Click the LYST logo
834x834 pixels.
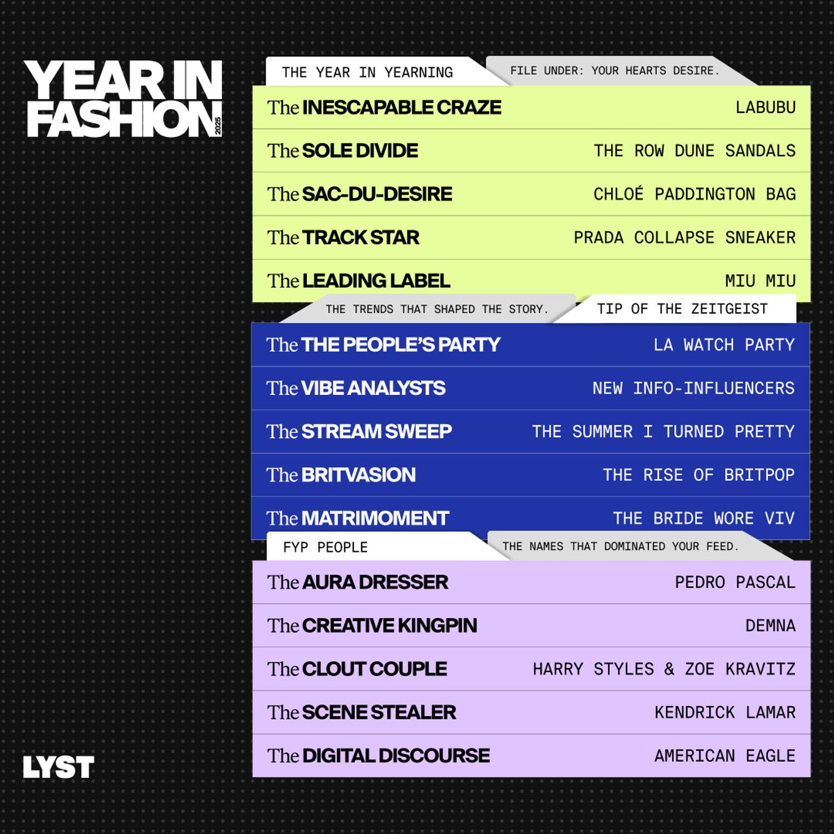tap(58, 767)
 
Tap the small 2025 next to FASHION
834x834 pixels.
tap(218, 126)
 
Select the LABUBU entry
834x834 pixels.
tap(765, 107)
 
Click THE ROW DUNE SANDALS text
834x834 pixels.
tap(694, 151)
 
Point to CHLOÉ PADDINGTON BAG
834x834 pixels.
tap(694, 194)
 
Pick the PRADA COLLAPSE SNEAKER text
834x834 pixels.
tap(684, 237)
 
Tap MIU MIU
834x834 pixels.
tap(760, 281)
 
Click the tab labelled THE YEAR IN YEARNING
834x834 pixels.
tap(367, 73)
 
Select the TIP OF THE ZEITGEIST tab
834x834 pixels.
tap(682, 309)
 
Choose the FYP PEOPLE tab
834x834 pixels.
tap(325, 548)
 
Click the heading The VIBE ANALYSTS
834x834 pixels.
tap(356, 388)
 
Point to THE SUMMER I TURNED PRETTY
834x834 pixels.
tap(663, 431)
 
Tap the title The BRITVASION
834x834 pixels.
tap(341, 475)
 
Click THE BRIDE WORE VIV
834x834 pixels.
tap(703, 518)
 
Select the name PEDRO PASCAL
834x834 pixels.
tap(735, 582)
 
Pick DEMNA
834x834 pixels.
tap(770, 625)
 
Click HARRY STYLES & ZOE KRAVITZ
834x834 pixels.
tap(664, 669)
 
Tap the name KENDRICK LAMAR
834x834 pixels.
tap(725, 712)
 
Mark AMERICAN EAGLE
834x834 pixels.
tap(725, 756)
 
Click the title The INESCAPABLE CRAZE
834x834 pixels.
tap(384, 107)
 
